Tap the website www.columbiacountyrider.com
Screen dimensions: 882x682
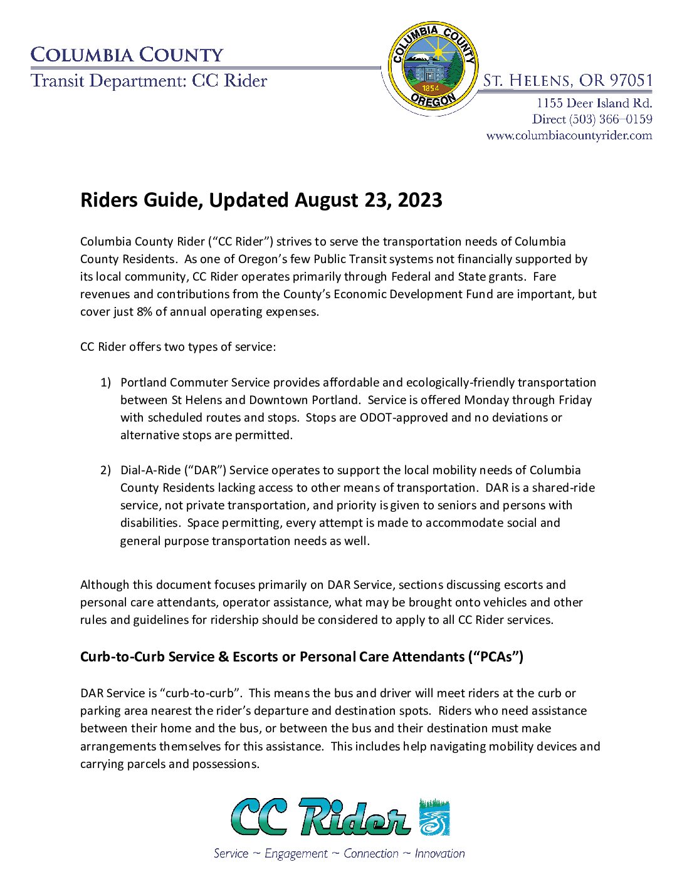click(569, 135)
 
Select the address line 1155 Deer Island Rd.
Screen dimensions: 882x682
click(594, 103)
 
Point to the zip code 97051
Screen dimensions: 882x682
click(631, 81)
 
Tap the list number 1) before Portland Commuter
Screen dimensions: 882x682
click(105, 382)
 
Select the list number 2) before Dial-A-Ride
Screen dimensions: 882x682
click(105, 470)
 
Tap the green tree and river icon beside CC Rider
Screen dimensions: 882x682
click(434, 817)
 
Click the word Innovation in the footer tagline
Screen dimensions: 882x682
click(439, 854)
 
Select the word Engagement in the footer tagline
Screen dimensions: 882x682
click(296, 854)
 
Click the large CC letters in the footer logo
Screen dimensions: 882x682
click(259, 817)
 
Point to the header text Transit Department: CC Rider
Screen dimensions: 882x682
click(149, 81)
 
